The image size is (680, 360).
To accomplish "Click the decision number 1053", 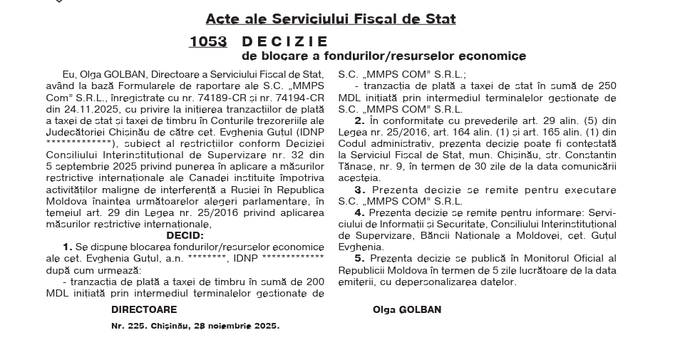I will click(x=207, y=41).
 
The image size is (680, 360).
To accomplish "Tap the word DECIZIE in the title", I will click(x=285, y=41).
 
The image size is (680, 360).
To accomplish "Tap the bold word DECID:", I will click(x=185, y=235).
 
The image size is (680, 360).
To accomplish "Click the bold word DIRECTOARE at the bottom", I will click(x=144, y=310).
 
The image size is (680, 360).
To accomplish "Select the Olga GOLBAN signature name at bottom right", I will click(x=406, y=310).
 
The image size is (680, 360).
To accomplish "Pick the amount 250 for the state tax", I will click(x=607, y=86).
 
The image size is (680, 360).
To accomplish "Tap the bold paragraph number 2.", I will click(x=360, y=120).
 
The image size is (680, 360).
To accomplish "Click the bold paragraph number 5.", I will click(x=360, y=258).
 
